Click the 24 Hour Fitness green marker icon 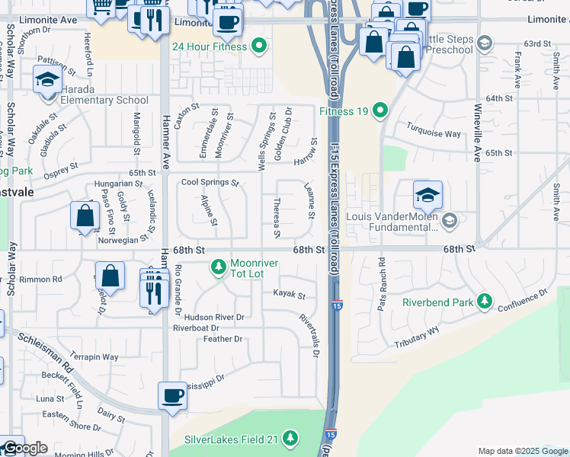point(259,46)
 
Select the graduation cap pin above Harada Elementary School point(47,78)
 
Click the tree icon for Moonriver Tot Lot point(219,266)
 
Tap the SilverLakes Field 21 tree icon point(290,438)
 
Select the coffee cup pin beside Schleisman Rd point(172,395)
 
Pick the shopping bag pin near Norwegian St point(85,216)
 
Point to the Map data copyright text point(522,451)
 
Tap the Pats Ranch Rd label point(382,283)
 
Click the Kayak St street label point(290,295)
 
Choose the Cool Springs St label point(210,183)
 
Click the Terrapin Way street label point(94,356)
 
